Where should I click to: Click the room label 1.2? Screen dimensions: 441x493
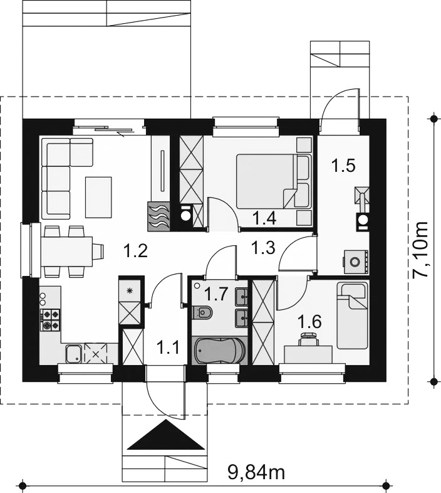pos(136,252)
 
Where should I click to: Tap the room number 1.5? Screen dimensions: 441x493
pos(344,166)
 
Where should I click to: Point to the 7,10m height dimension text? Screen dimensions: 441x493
pos(420,250)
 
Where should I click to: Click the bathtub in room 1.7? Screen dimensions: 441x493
pos(219,350)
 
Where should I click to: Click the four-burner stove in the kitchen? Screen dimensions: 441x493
pos(50,319)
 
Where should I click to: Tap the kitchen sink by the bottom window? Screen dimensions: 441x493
pos(74,354)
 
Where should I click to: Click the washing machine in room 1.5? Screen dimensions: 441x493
pos(356,262)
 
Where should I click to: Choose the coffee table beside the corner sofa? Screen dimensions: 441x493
pos(98,197)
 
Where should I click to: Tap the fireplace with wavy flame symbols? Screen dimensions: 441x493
pos(158,216)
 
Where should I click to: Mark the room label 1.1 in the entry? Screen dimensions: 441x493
pos(168,348)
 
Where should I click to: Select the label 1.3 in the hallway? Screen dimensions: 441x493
pos(263,248)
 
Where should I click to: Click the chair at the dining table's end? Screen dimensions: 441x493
pos(98,251)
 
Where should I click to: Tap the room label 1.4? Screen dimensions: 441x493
pos(264,218)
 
